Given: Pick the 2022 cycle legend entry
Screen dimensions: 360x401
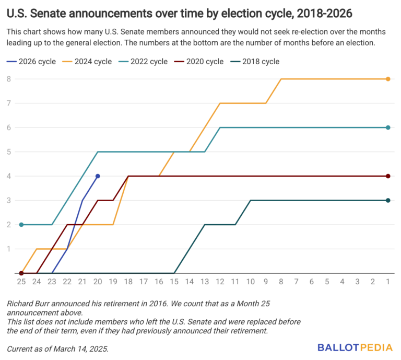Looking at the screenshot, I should click(x=143, y=62).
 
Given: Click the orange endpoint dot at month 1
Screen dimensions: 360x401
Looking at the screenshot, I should click(x=388, y=79).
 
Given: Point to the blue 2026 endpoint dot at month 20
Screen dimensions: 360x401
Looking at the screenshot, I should click(x=98, y=176).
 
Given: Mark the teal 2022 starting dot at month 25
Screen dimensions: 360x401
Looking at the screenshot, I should click(x=21, y=225).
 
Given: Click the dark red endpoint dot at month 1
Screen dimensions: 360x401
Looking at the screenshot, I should click(x=388, y=176).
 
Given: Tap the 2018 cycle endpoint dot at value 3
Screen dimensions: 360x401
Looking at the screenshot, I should click(x=388, y=200).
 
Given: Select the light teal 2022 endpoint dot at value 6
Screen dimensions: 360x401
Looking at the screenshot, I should click(x=388, y=127).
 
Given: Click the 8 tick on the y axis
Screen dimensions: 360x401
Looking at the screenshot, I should click(x=9, y=79).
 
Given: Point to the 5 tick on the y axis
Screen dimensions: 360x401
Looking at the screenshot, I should click(x=9, y=152).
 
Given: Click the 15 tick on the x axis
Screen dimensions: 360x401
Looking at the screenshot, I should click(x=174, y=282).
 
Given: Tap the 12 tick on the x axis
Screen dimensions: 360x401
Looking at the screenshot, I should click(x=220, y=282).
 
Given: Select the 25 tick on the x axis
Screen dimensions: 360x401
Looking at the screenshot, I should click(x=21, y=282).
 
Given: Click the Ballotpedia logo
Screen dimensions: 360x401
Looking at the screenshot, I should click(x=353, y=347).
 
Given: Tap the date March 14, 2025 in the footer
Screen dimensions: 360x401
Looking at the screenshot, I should click(x=80, y=348).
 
